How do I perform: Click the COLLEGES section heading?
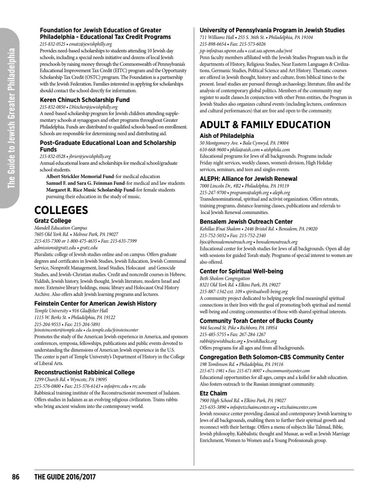[61, 210]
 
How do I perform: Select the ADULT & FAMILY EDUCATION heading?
[265, 125]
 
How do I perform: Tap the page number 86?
[16, 477]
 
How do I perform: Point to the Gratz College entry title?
[53, 221]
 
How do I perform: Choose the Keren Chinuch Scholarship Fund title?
[85, 100]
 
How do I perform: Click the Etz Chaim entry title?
[213, 393]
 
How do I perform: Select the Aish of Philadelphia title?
[227, 136]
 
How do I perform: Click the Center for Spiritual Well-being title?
[241, 271]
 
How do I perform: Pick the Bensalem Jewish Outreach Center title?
[246, 222]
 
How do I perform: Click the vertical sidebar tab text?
[12, 119]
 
